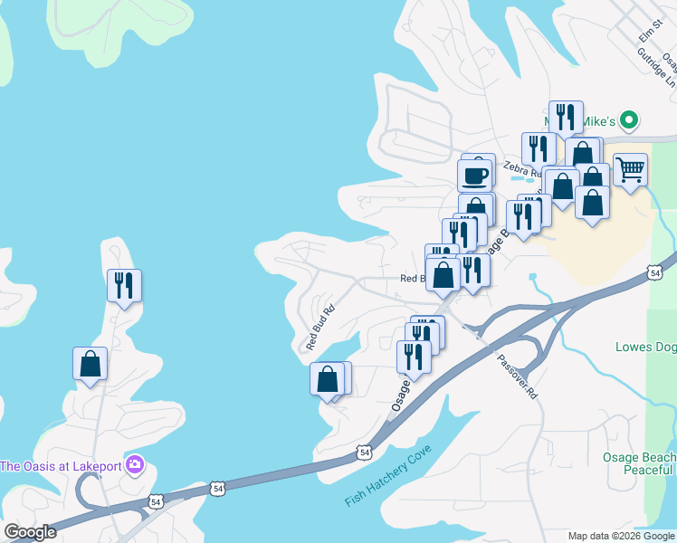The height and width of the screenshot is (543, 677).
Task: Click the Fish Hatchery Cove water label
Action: click(387, 486)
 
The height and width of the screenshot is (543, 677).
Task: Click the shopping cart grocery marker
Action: click(630, 168)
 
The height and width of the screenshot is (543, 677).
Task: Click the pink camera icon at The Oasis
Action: click(135, 466)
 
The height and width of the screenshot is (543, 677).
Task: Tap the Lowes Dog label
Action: click(645, 347)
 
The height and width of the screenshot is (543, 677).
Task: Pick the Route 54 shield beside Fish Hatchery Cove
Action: click(364, 450)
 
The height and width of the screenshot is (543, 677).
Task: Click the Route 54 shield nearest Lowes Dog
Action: click(655, 271)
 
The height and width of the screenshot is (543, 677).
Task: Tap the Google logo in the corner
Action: click(30, 532)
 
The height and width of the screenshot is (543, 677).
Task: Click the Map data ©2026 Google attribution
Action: click(621, 536)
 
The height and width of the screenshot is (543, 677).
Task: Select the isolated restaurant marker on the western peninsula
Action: click(124, 285)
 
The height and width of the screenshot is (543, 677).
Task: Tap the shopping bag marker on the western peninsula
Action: click(90, 364)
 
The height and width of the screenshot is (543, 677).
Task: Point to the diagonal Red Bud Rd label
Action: click(320, 328)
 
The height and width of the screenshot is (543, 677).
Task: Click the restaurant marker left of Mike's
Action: click(565, 116)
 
